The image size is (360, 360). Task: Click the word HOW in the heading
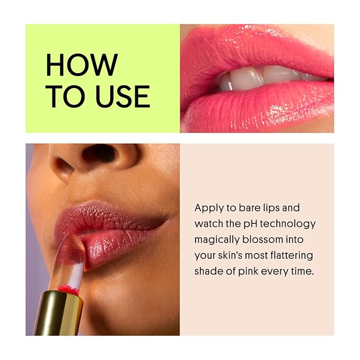click(81, 64)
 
